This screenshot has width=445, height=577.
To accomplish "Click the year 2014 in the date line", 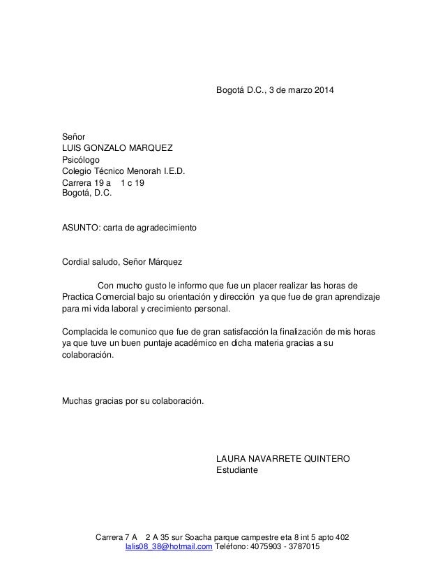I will (323, 92).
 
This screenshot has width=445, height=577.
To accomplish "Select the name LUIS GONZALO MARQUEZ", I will (119, 147).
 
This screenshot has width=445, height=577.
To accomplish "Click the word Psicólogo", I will (81, 159).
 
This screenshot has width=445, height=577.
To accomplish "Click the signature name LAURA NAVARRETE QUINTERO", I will (284, 458).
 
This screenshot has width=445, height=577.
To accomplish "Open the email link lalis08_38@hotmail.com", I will (168, 547).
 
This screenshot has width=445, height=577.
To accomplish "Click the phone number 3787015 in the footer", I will (305, 547).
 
